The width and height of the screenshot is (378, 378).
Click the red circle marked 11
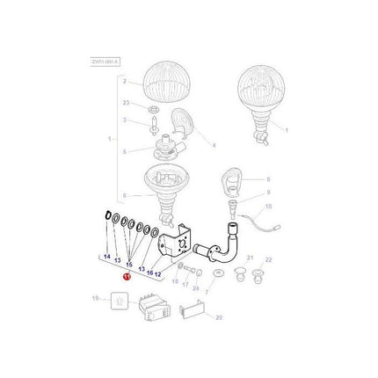pyautogui.click(x=127, y=275)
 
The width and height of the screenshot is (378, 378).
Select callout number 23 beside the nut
pyautogui.click(x=126, y=102)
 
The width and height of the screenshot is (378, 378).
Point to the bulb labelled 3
pyautogui.click(x=152, y=121)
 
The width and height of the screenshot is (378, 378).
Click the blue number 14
pyautogui.click(x=107, y=256)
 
